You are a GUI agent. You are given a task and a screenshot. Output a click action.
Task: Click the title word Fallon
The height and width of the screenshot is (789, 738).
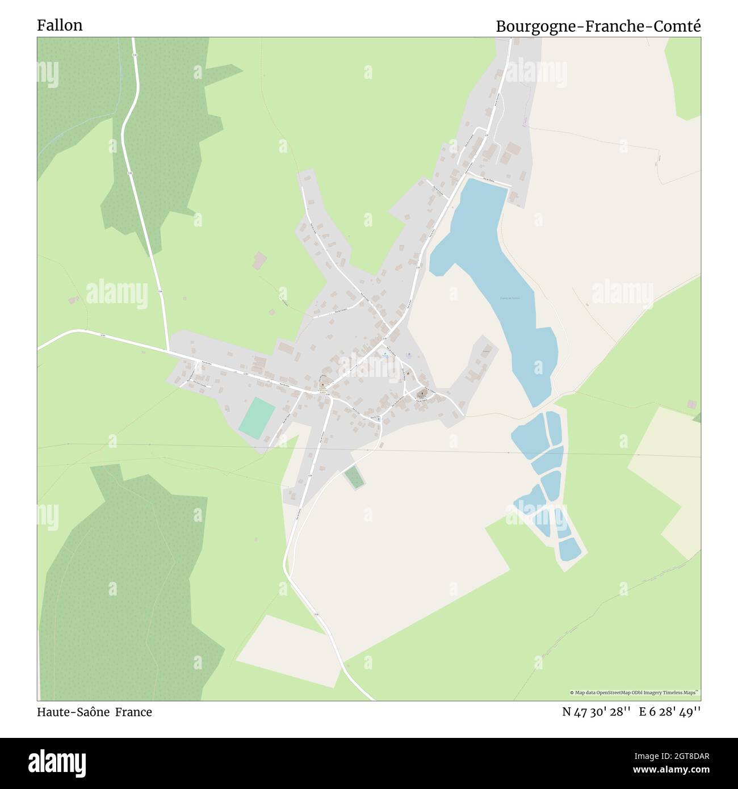coord(60,25)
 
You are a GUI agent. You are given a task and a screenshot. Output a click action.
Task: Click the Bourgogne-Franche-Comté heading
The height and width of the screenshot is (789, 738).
coord(598,26)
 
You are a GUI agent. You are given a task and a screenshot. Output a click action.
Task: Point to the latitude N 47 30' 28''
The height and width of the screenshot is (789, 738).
coord(596,712)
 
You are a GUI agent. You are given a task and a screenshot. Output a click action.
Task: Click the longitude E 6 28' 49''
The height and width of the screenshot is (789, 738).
coord(670,712)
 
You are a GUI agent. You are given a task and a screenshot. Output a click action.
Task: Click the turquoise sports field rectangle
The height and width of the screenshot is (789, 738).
coord(257,417)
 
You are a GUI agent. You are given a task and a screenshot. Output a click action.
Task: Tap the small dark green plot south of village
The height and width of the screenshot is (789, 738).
coord(354,477)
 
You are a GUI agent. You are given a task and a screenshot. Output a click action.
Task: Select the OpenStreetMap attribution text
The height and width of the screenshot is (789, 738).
coord(635,693)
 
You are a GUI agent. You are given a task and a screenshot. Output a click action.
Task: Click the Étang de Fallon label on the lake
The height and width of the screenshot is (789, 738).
coord(509,297)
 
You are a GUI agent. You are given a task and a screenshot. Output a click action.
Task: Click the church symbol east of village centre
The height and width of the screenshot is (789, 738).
coord(421,393)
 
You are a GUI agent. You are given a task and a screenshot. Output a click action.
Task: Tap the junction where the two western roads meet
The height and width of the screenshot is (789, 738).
coord(169,350)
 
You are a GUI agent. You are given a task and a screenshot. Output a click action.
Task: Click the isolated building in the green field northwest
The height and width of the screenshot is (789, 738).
coord(260,260)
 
